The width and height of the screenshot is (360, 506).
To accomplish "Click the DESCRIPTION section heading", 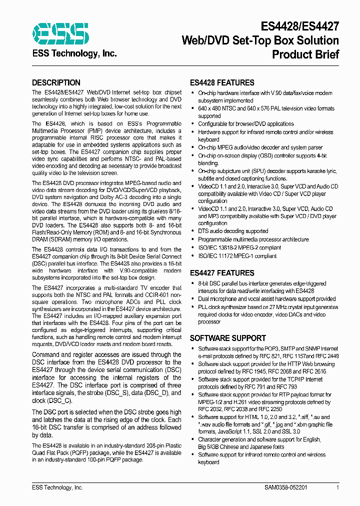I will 56,82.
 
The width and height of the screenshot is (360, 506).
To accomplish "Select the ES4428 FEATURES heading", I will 222,82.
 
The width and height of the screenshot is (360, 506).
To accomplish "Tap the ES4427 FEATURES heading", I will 222,273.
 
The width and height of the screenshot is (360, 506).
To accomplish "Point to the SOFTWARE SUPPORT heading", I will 227,338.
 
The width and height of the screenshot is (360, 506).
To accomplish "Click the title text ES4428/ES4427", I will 300,26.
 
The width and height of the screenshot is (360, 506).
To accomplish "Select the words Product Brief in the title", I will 305,54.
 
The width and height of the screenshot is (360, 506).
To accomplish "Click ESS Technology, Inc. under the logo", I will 74,53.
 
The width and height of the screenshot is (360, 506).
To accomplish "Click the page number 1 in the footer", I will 338,487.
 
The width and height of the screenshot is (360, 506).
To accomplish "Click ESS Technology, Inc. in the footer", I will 57,487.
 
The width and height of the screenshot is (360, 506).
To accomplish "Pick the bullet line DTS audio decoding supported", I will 233,231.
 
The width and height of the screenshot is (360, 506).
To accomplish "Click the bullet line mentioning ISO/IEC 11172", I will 237,255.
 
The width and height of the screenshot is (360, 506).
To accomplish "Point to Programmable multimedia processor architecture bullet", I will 253,239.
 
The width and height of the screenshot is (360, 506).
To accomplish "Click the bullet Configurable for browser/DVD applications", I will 246,124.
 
